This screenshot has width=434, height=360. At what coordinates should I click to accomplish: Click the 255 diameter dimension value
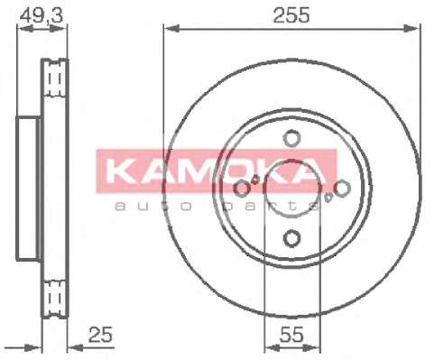[291, 15]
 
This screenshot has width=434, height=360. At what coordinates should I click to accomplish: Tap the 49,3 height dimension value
[42, 15]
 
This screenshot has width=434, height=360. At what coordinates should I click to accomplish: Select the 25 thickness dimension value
[100, 335]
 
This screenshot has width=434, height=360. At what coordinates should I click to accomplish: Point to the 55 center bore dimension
[291, 335]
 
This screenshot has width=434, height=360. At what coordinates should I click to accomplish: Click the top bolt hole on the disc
[291, 138]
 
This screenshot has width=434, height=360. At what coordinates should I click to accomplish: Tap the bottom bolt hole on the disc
[291, 238]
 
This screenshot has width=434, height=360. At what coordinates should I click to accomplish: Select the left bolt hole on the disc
[242, 189]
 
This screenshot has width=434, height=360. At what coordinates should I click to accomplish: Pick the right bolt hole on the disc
[342, 189]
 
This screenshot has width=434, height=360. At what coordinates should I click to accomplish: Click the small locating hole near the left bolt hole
[255, 180]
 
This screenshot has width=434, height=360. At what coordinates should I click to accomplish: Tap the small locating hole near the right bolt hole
[328, 198]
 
